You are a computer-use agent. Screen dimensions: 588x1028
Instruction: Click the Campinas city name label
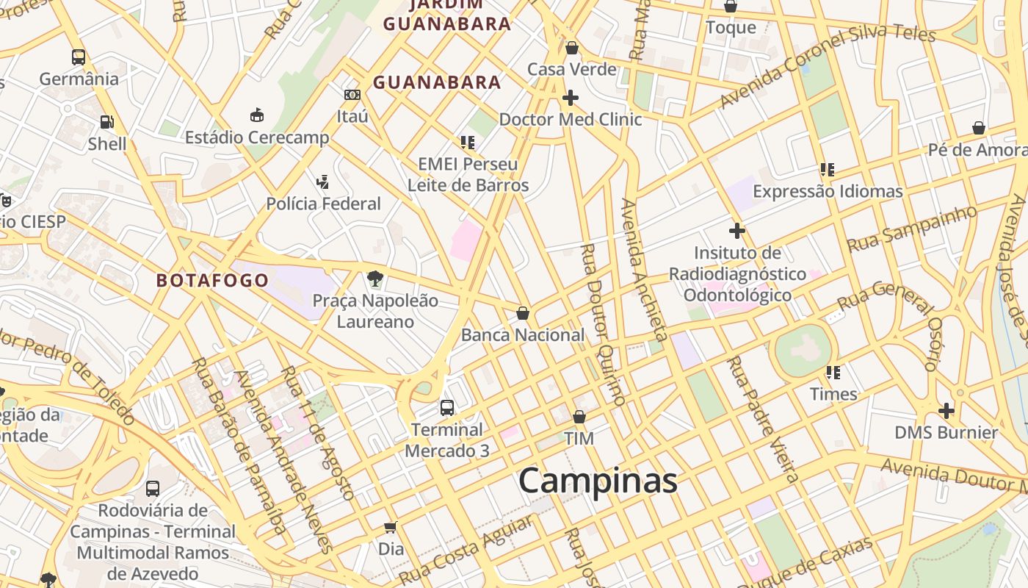[598, 481]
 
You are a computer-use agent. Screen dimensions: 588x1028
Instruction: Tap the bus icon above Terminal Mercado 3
[446, 407]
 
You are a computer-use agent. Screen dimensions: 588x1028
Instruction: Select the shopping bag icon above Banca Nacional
[523, 313]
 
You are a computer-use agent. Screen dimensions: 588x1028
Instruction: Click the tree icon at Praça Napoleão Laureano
[375, 279]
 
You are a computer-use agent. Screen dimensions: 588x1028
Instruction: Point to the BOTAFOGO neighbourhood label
[212, 280]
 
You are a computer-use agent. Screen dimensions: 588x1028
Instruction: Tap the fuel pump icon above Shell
[107, 122]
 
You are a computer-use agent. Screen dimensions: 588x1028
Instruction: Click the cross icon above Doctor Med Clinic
[570, 97]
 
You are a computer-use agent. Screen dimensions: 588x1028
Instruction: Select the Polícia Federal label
[323, 204]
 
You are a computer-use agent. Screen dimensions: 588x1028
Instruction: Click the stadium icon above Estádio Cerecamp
[257, 115]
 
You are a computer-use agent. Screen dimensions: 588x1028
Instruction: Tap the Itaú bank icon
[352, 95]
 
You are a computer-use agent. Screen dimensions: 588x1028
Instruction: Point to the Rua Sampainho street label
[913, 229]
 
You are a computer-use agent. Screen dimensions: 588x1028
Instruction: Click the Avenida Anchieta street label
[644, 270]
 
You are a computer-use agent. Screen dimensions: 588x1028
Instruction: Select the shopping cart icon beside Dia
[391, 527]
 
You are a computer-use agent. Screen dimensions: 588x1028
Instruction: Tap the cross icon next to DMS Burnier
[946, 410]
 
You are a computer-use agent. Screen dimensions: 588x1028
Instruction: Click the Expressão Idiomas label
[828, 192]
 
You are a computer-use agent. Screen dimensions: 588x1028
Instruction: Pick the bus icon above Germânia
[79, 57]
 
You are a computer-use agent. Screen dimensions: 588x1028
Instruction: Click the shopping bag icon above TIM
[579, 417]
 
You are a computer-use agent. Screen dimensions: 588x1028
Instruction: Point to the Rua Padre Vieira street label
[763, 419]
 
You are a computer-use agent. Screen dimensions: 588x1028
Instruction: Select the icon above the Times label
[833, 373]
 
